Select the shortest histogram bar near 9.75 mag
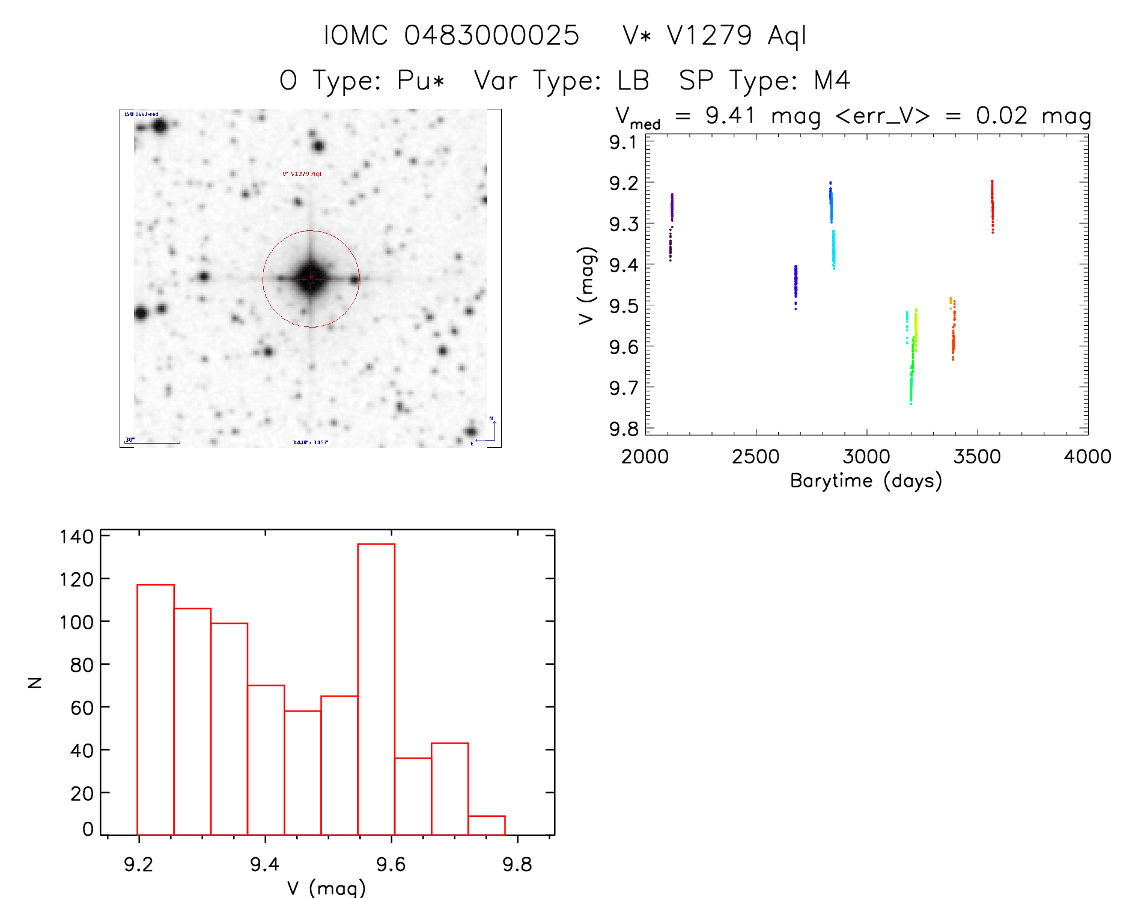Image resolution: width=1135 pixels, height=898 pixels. coord(486,825)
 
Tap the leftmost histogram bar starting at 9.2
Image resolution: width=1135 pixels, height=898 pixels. coord(156,709)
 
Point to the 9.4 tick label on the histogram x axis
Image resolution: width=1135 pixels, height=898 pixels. coord(265,864)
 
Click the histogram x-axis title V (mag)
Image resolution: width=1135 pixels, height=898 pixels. coord(326,888)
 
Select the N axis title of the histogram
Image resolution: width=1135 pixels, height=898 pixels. coord(35,682)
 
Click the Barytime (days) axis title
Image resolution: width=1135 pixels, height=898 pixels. coord(866,481)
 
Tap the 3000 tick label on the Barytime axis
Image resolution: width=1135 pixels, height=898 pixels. coord(866,456)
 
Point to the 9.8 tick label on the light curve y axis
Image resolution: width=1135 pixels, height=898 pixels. coord(624,429)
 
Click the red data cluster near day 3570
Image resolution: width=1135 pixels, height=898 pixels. coord(992,206)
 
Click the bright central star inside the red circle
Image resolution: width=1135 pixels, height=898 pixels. coord(311,278)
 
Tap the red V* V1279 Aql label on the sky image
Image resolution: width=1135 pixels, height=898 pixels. coord(302,174)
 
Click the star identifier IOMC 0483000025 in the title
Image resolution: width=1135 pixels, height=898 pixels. coord(451,35)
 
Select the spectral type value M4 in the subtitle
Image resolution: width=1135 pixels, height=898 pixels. coord(832,81)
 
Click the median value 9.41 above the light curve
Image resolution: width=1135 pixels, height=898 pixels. coord(729,115)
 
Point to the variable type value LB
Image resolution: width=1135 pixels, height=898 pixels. coord(633,81)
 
